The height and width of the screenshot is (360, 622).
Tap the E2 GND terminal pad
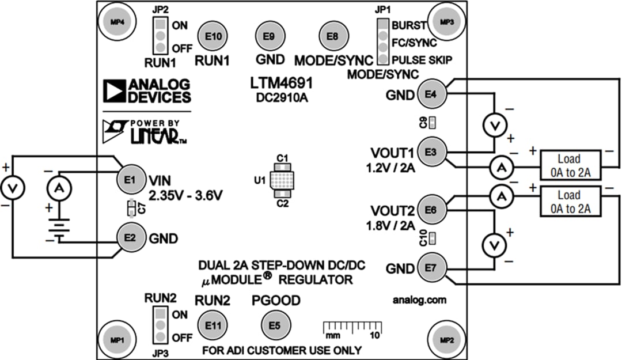130,237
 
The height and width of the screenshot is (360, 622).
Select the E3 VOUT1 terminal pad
431,152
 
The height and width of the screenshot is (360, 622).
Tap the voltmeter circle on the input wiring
12,187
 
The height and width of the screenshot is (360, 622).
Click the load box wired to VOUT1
568,166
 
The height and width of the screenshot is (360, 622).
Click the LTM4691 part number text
282,85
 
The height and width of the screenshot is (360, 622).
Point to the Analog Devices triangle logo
114,90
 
